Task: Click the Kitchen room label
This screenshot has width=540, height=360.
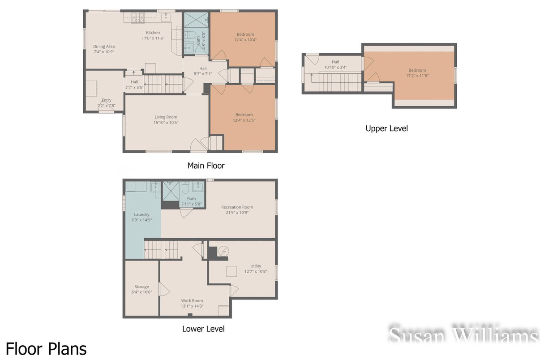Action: [153, 33]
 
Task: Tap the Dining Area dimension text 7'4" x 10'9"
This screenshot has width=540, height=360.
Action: [104, 52]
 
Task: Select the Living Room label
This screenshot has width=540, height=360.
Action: [166, 117]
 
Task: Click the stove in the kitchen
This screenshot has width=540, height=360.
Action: [137, 17]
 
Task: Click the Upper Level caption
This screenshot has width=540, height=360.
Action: [386, 129]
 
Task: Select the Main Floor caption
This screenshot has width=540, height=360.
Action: [206, 166]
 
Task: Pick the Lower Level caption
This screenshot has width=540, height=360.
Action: [203, 329]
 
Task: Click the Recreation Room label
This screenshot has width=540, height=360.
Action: [237, 207]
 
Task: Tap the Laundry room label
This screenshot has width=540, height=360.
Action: [141, 214]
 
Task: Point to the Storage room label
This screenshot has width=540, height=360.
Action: [141, 287]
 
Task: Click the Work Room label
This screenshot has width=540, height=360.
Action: [192, 301]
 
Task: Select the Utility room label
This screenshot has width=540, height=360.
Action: [256, 266]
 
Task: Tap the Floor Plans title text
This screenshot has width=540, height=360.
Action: [46, 348]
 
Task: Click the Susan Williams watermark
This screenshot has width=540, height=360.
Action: [463, 335]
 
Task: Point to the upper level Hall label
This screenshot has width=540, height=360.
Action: [335, 62]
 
